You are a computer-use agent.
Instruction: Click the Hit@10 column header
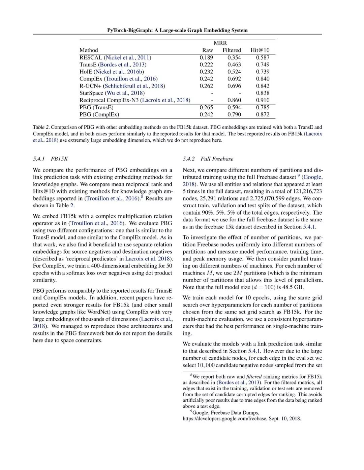pyautogui.click(x=260, y=50)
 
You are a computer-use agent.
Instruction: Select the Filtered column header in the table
pyautogui.click(x=232, y=50)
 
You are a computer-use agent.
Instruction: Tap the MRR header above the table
pyautogui.click(x=220, y=43)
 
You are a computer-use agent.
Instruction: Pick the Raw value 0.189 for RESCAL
pyautogui.click(x=206, y=58)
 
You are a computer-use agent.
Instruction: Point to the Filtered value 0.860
pyautogui.click(x=234, y=100)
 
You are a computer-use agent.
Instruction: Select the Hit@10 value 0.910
pyautogui.click(x=263, y=100)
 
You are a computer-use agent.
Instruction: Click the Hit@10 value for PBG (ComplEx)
pyautogui.click(x=263, y=114)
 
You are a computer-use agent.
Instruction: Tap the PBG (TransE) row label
pyautogui.click(x=96, y=107)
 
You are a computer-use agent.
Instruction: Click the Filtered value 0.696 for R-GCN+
pyautogui.click(x=234, y=86)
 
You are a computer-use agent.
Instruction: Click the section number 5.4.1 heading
pyautogui.click(x=39, y=159)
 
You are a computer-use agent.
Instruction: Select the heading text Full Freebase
pyautogui.click(x=217, y=159)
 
